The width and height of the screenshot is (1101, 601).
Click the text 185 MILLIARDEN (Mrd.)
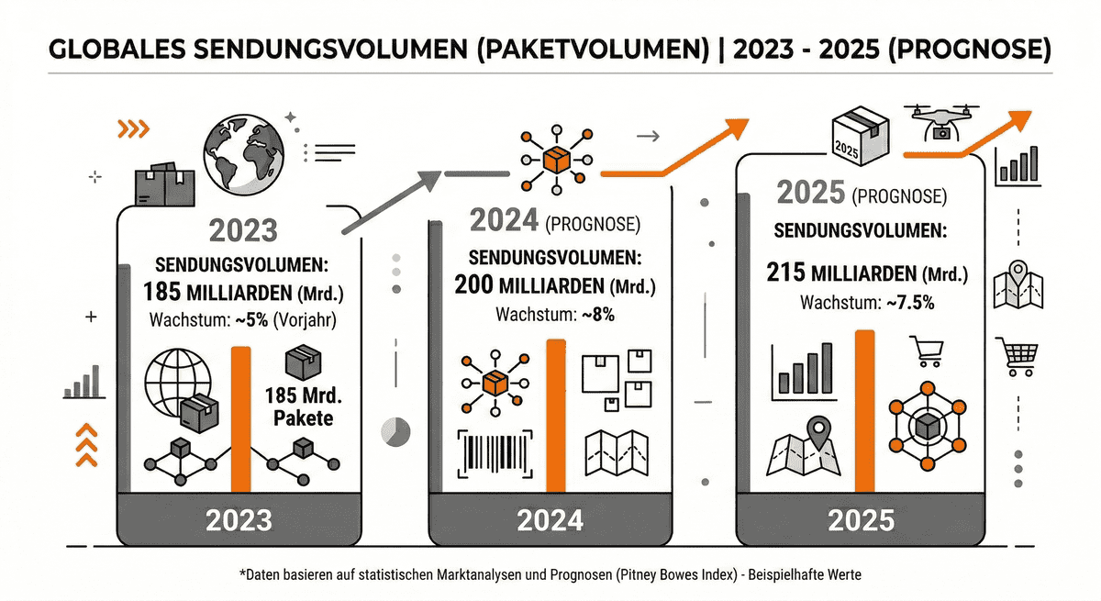[x=239, y=292]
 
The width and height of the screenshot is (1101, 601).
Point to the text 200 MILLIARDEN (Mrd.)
[x=549, y=284]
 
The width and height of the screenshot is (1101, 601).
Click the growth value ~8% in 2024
[x=596, y=314]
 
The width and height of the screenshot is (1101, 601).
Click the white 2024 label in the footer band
[x=550, y=520]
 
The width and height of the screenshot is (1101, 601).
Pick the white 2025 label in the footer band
[x=861, y=521]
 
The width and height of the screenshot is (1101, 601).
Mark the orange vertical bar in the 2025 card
[x=864, y=412]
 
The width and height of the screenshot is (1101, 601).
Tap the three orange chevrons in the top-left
[x=134, y=129]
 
